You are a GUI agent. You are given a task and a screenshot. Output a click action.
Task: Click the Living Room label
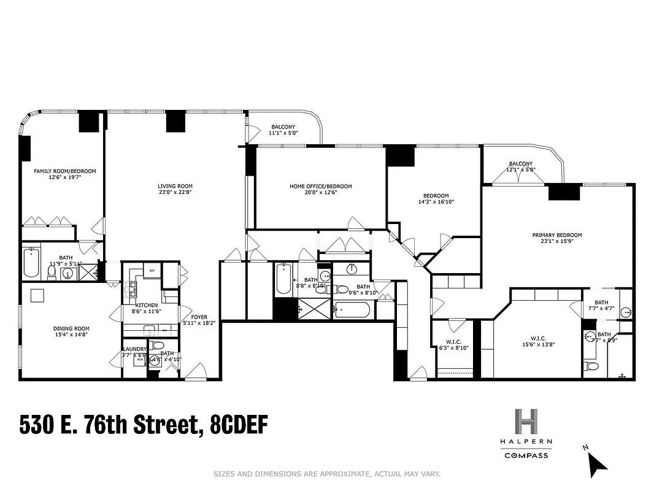(x=175, y=187)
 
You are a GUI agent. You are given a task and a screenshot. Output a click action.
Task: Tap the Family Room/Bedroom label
(x=65, y=171)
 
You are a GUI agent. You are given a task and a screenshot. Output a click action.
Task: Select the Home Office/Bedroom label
(x=321, y=187)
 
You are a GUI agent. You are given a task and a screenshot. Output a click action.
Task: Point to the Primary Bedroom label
(x=556, y=235)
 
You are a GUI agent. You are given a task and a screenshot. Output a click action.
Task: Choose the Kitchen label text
(x=147, y=305)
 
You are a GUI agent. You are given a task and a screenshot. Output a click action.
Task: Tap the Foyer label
(x=199, y=317)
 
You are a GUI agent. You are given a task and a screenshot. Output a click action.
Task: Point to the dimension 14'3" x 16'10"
(x=436, y=202)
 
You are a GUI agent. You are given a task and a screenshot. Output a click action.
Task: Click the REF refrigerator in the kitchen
(x=152, y=271)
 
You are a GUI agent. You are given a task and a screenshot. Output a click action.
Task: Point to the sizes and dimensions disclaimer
(x=326, y=474)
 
